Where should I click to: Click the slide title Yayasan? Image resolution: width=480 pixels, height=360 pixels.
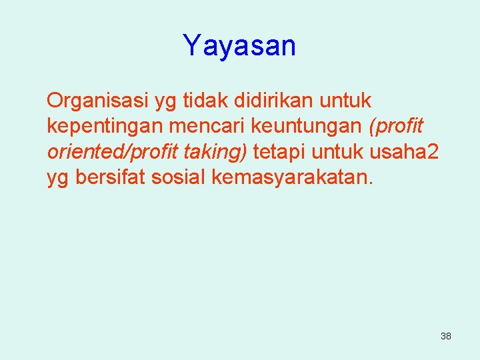click(x=239, y=46)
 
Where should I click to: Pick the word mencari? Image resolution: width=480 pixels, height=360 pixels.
click(x=195, y=126)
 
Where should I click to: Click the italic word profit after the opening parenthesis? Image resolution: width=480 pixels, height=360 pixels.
click(x=401, y=126)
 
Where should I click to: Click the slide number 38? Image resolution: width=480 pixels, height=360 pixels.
click(x=445, y=337)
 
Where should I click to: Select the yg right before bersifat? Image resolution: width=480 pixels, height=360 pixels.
click(x=57, y=178)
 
